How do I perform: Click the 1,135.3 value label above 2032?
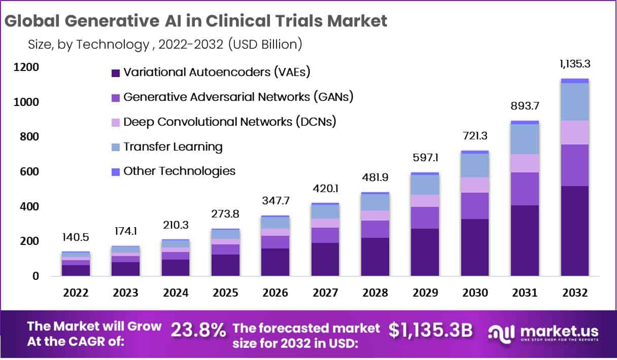point(574,64)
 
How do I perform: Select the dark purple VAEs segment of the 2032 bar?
point(574,231)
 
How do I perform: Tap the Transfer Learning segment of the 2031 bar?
point(525,139)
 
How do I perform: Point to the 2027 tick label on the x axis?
point(325,293)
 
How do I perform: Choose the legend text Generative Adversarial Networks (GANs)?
point(238,96)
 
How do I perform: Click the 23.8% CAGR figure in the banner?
point(198,331)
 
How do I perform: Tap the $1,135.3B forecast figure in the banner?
point(431,330)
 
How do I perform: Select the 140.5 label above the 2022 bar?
point(76,238)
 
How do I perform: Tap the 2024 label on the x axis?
point(176,293)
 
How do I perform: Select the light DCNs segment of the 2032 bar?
point(574,132)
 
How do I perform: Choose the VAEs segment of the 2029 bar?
point(425,252)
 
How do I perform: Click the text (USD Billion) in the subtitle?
point(265,45)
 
